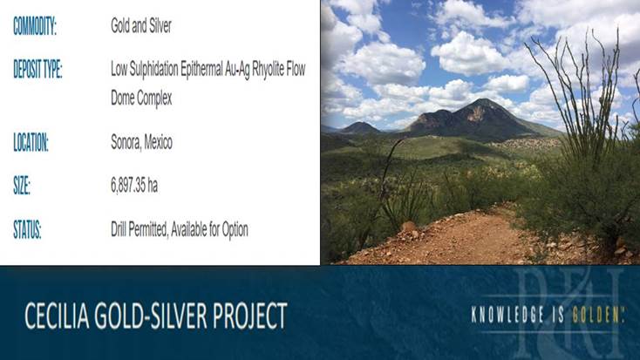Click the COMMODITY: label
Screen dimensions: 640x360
coord(35,26)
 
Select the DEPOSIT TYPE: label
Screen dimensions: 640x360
coord(37,69)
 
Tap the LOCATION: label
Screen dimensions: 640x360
coord(31,142)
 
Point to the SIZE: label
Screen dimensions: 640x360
coord(22,186)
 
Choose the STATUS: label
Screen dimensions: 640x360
coord(27,229)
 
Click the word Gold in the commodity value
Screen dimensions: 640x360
coord(120,26)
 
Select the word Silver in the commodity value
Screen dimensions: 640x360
coord(160,26)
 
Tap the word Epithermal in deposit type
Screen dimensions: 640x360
coord(201,70)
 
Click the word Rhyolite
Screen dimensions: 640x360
coord(269,69)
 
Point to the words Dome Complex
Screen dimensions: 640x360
coord(141,98)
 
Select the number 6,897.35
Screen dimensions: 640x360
coord(128,186)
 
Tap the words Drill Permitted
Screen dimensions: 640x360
coord(140,229)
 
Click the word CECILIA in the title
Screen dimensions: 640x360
coord(58,316)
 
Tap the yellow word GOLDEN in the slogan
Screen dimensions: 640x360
coord(596,315)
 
